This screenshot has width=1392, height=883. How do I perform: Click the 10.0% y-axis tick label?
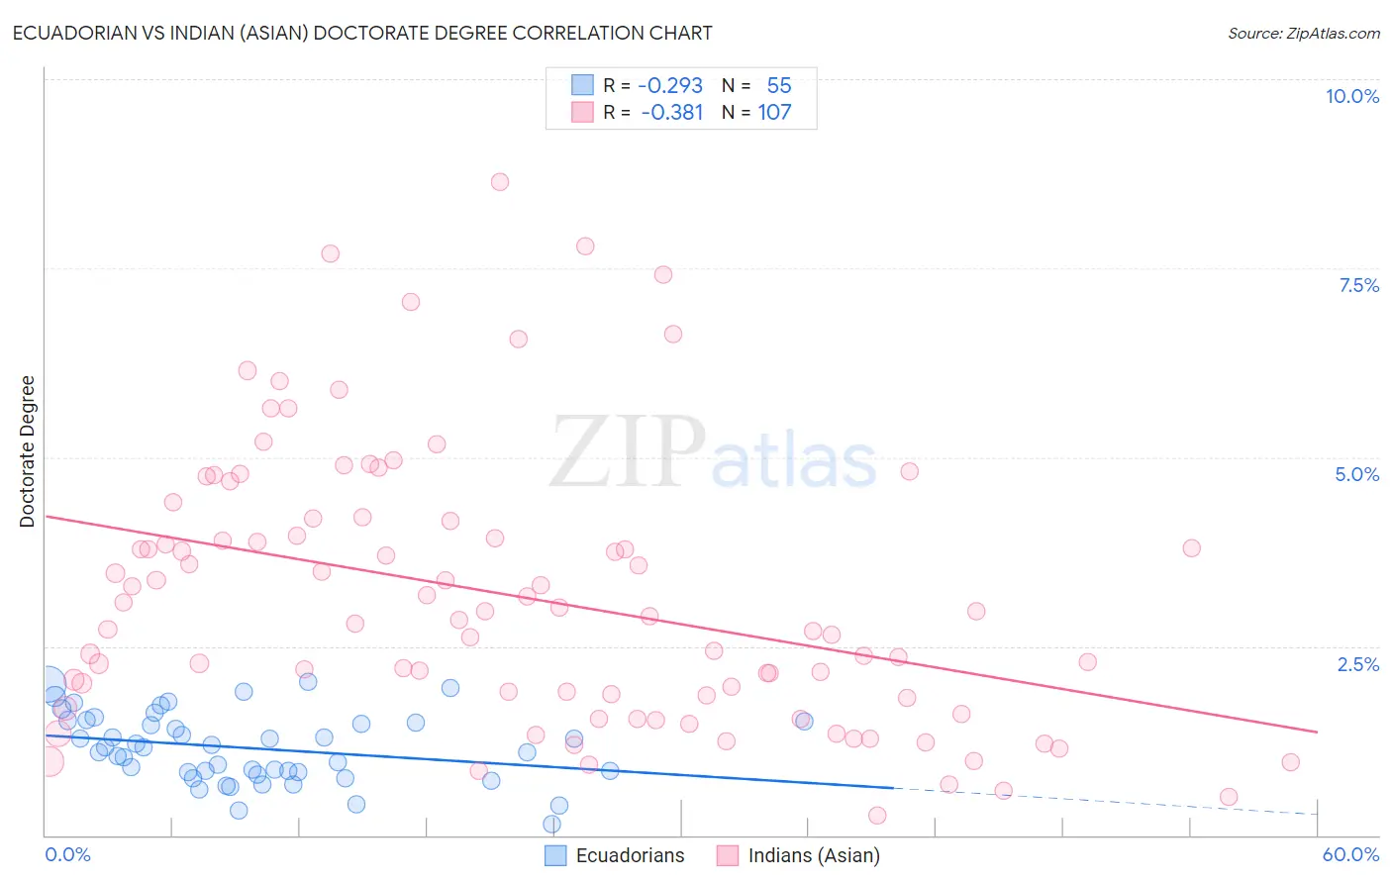[x=1351, y=96]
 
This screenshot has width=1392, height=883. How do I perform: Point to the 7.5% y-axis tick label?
[x=1358, y=285]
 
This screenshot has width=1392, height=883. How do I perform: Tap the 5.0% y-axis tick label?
[x=1356, y=474]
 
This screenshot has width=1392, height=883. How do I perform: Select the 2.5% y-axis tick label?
[x=1357, y=664]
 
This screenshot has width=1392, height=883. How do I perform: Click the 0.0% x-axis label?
[x=67, y=854]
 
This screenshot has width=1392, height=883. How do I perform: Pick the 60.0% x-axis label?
[x=1350, y=854]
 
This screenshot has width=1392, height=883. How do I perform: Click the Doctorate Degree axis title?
[x=28, y=451]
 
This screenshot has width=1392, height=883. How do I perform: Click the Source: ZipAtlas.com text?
[x=1303, y=34]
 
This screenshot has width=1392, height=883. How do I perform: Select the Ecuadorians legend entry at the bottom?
[x=630, y=855]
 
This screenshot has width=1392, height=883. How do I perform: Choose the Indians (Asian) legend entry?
[x=813, y=855]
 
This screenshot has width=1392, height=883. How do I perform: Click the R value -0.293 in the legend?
[x=670, y=86]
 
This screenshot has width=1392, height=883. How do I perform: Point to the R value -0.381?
[x=672, y=113]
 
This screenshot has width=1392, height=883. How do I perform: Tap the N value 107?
[x=774, y=113]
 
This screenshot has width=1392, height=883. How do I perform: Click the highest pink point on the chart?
[x=500, y=182]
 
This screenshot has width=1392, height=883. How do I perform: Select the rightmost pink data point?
[x=1290, y=762]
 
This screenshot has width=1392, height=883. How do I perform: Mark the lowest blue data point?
[x=552, y=824]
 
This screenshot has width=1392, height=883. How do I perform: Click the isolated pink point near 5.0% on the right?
[x=910, y=471]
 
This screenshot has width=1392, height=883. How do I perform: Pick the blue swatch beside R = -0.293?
[x=582, y=86]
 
